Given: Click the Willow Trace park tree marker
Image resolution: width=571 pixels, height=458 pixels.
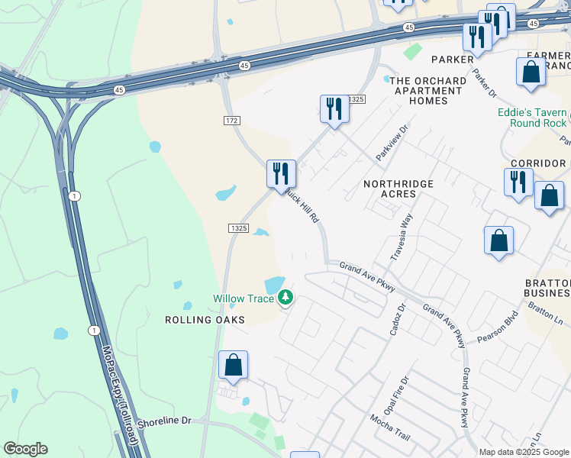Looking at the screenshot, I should coord(285,297).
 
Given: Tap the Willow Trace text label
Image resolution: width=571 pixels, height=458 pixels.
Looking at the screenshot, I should coord(243,298).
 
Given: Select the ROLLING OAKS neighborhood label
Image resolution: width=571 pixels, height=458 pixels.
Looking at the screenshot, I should coord(205,320).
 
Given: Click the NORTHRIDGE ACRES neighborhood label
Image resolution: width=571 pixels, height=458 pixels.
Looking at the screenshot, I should coord(398,189).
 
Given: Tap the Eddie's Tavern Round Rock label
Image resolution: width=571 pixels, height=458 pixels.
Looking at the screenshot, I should coord(532,118).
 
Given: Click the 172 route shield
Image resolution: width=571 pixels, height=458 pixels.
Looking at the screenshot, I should coord(233,121).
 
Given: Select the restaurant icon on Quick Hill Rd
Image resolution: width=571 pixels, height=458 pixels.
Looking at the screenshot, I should coord(281,173).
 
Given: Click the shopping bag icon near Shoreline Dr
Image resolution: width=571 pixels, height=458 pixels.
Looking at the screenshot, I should coord(233,365).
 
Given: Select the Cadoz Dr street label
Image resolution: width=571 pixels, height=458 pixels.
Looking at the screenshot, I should coord(398,315).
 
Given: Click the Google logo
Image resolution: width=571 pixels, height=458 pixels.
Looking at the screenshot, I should coord(25,449).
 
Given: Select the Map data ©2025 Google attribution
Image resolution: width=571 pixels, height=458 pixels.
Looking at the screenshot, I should coord(524,452).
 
